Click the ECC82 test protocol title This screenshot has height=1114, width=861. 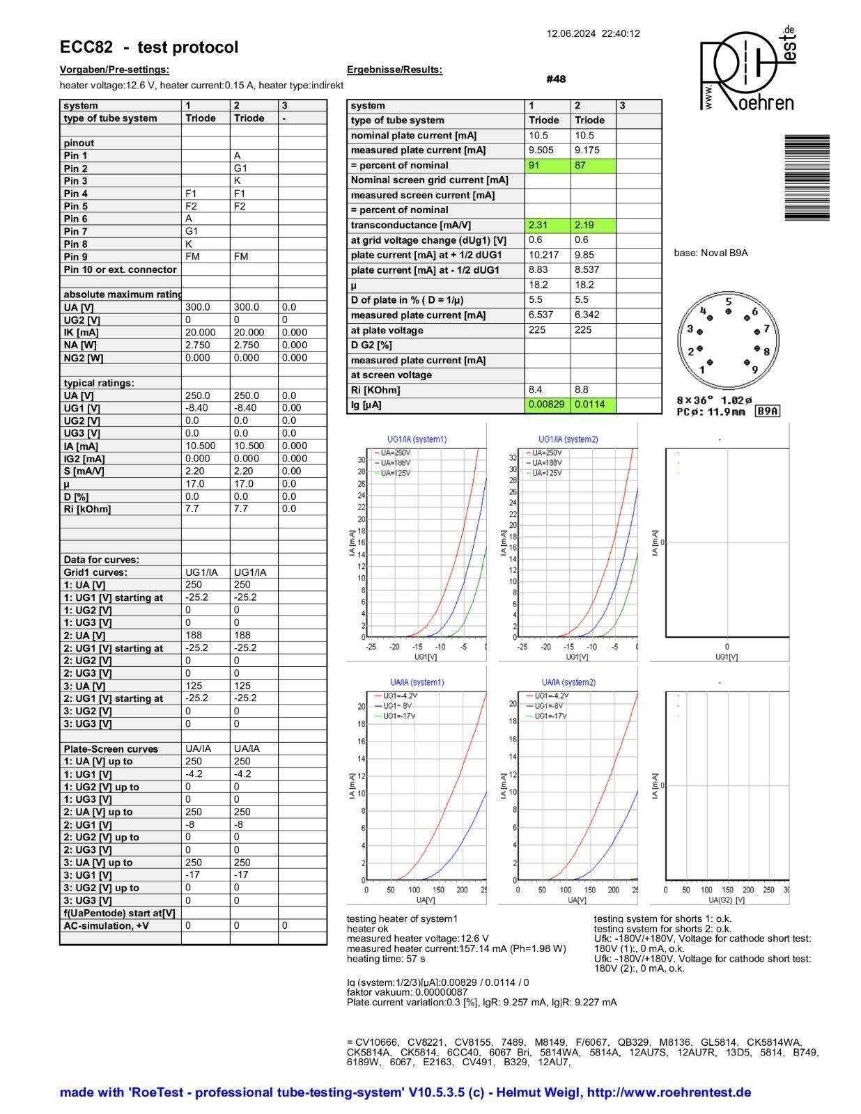click(149, 47)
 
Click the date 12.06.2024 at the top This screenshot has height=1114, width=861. click(571, 33)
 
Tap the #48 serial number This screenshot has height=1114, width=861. click(556, 79)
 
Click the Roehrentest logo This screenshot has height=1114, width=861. click(747, 70)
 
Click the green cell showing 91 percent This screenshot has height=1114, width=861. click(547, 166)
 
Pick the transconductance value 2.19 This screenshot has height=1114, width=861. click(593, 226)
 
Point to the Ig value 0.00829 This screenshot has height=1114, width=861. click(547, 405)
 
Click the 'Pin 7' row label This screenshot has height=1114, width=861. click(76, 231)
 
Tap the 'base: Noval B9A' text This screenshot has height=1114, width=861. click(711, 253)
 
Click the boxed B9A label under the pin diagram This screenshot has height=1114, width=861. click(768, 411)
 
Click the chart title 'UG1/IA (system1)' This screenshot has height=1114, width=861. click(417, 439)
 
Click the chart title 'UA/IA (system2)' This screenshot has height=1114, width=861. click(568, 682)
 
